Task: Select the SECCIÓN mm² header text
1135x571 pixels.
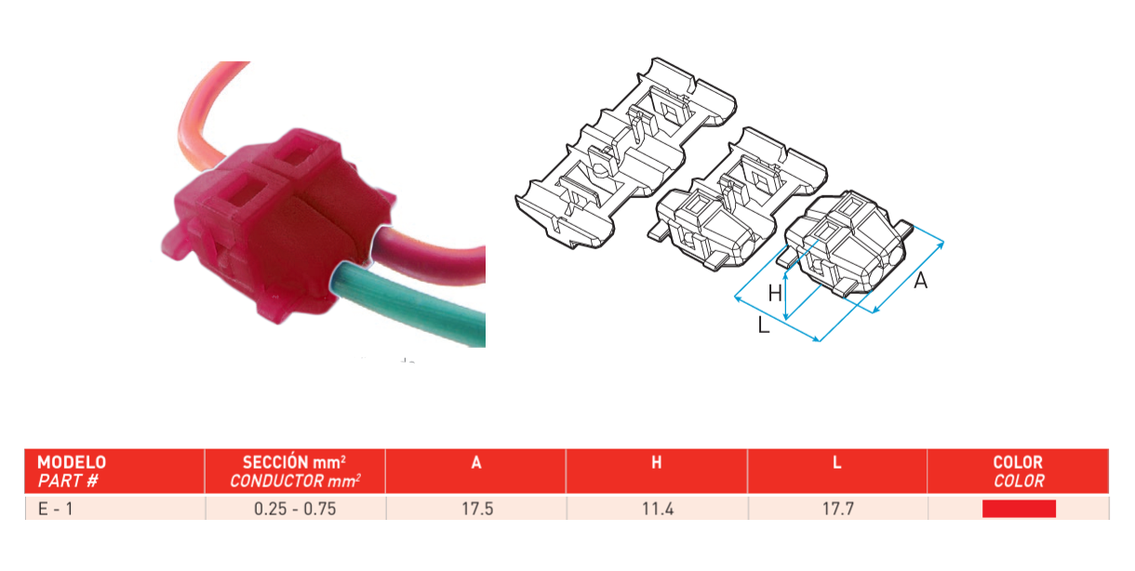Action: coord(294,462)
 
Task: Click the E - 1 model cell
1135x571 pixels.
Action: coord(55,509)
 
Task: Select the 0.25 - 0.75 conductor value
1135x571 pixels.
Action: coord(295,509)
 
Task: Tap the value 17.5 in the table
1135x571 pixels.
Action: coord(477,509)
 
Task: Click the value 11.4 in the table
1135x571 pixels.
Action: coord(658,509)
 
